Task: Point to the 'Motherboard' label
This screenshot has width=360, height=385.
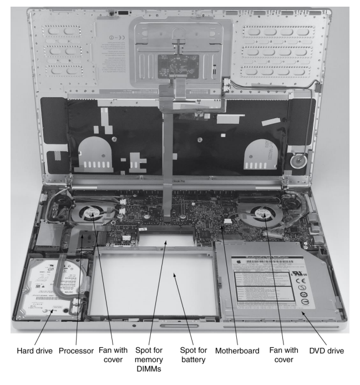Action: coord(230,350)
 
